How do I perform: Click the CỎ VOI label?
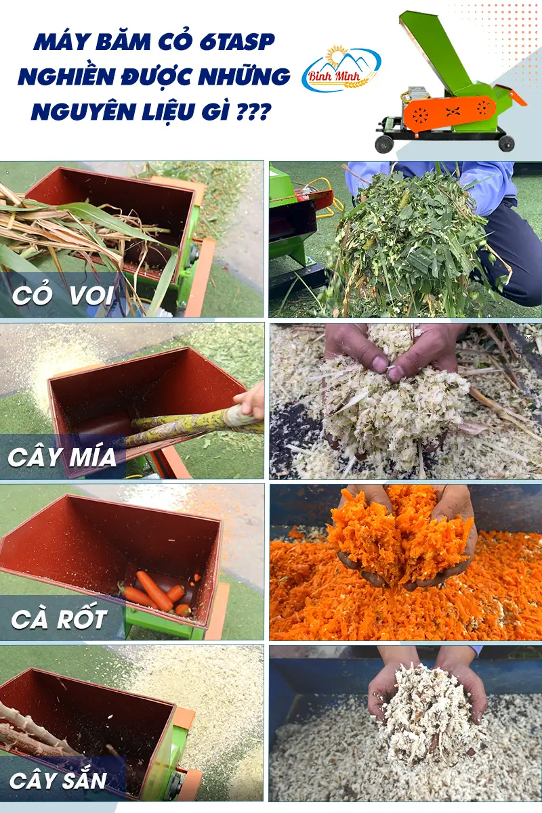63,295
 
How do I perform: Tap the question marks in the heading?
253,112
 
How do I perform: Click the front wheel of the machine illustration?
384,144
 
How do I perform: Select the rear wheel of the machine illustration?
506,143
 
